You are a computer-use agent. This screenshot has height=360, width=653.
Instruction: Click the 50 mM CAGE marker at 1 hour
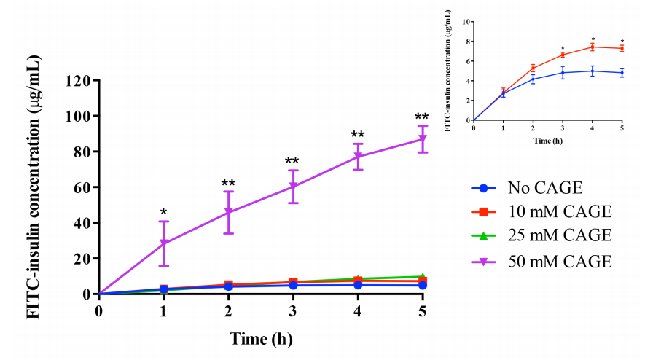point(164,243)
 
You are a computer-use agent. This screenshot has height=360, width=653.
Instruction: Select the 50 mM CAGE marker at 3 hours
point(293,187)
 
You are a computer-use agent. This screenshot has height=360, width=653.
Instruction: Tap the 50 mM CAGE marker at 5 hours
point(423,138)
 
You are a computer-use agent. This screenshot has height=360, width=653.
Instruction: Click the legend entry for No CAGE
point(545,189)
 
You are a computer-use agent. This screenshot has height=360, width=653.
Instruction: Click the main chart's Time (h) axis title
point(262,339)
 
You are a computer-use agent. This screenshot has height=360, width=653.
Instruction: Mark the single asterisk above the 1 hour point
point(164,213)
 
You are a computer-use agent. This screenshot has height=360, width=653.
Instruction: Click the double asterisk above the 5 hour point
point(422,117)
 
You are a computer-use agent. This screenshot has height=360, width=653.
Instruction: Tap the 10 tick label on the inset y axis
point(465,22)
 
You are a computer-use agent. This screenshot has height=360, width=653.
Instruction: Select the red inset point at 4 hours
point(593,47)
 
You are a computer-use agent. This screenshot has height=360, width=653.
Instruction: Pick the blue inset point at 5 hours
point(622,73)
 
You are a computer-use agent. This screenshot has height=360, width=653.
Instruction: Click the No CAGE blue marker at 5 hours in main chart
point(423,285)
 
